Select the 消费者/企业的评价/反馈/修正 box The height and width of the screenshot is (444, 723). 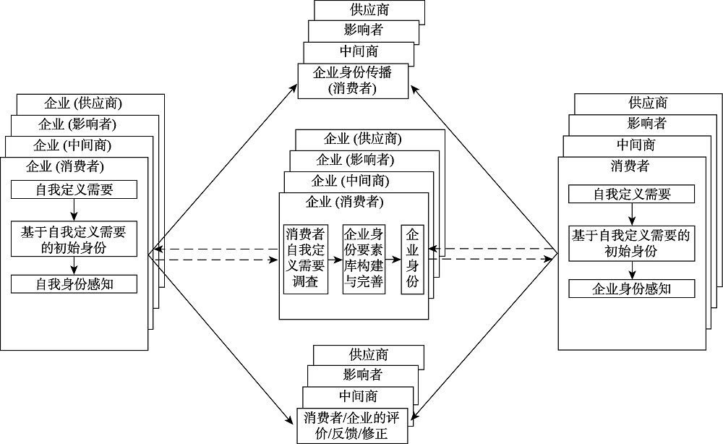point(352,427)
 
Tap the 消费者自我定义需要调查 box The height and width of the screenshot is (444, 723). point(305,258)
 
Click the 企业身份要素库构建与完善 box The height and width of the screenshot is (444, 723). point(364,258)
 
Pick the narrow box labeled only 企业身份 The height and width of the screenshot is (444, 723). point(412,258)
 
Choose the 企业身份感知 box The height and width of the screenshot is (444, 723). point(631,289)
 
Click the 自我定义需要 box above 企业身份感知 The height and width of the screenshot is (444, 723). point(631,194)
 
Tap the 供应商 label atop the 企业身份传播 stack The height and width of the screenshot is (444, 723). point(369,10)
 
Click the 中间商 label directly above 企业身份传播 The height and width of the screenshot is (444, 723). point(359,52)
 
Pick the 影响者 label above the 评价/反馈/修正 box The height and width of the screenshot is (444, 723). point(363,375)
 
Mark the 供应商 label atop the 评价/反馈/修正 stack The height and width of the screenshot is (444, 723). point(369,354)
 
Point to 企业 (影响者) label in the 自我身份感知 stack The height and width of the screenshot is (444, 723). point(77,124)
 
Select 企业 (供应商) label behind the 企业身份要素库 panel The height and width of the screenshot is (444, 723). point(363,139)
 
